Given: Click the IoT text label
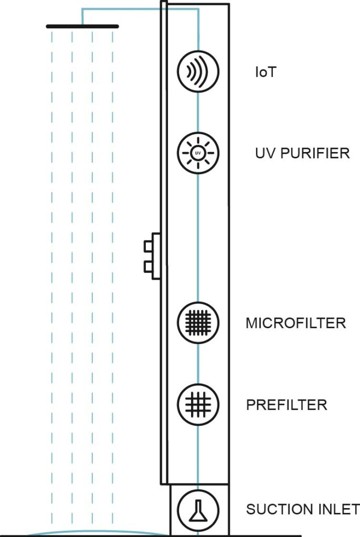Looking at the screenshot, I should [266, 72].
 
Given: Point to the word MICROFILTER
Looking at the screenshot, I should [295, 323].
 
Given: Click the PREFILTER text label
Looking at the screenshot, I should [287, 405].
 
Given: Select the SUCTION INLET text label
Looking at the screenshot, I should [303, 509].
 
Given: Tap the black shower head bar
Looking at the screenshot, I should [82, 26].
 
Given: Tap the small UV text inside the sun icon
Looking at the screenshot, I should [198, 153].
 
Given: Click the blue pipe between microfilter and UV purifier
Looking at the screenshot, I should [198, 236].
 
